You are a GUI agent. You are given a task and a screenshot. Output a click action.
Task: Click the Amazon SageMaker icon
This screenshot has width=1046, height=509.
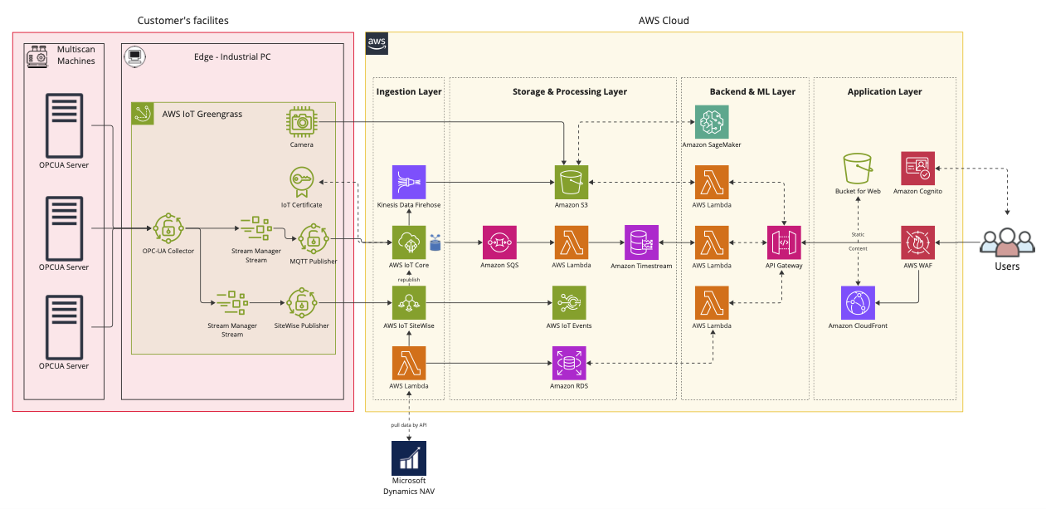pos(712,121)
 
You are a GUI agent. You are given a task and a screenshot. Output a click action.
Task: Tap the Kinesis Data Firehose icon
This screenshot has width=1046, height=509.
pos(409,182)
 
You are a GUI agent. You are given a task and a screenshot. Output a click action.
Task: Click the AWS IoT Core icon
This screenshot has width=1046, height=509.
pos(409,242)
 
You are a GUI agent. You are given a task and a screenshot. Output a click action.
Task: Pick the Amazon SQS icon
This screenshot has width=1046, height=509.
pos(499,242)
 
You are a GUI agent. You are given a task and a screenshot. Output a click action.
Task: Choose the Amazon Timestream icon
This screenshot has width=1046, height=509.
pos(641,242)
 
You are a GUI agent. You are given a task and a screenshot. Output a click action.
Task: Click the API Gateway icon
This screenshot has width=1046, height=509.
pos(784,242)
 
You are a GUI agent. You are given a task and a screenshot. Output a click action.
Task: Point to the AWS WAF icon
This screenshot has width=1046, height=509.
pos(917,242)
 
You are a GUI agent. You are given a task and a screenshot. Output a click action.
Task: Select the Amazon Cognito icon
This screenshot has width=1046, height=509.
pos(917,168)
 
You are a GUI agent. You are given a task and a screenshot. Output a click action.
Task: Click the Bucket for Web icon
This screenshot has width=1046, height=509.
pos(858,168)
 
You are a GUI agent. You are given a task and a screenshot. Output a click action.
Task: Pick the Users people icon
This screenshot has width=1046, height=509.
pos(1007,242)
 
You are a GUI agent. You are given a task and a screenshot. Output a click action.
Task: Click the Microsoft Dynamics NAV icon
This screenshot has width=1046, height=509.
pos(409,458)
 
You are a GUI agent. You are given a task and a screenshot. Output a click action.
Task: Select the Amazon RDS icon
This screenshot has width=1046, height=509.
pos(570,363)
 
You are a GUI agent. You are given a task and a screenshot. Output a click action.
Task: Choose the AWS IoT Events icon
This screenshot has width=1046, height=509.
pos(570,302)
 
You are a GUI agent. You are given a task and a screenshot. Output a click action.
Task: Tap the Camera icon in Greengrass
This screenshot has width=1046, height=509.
pos(302,122)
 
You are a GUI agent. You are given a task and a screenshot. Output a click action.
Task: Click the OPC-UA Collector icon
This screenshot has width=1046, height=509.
pos(168,228)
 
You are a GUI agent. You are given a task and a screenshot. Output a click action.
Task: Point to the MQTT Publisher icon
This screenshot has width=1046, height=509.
pos(314,239)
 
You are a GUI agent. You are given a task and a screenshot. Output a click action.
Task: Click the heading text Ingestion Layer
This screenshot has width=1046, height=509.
pos(409,91)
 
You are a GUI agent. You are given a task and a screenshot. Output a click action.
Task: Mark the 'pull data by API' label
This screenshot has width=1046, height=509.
pos(409,424)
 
